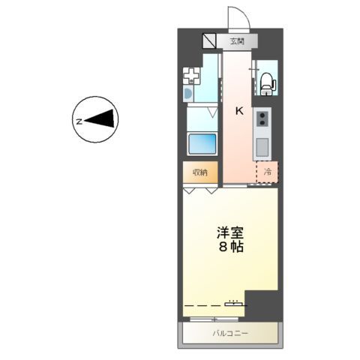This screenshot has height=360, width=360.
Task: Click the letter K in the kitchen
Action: click(239, 111)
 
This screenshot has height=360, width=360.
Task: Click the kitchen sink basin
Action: click(263, 146)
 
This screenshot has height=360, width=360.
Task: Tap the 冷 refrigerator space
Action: click(267, 172)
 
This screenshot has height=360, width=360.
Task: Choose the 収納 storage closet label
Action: click(199, 172)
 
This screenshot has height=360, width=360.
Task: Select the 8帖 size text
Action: click(230, 247)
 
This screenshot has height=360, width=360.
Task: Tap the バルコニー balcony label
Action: click(230, 333)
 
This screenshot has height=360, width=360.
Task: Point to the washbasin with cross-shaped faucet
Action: click(193, 75)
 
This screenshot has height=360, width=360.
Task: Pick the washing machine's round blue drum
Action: click(187, 94)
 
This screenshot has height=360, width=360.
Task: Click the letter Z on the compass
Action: click(78, 119)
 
